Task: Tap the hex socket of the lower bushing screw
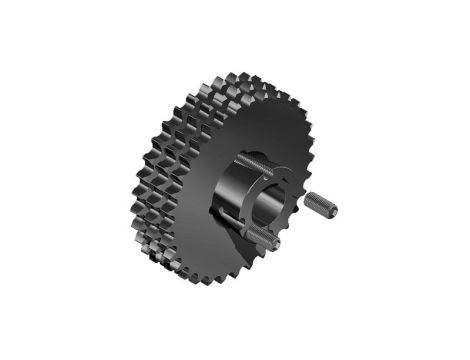[x=275, y=241]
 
